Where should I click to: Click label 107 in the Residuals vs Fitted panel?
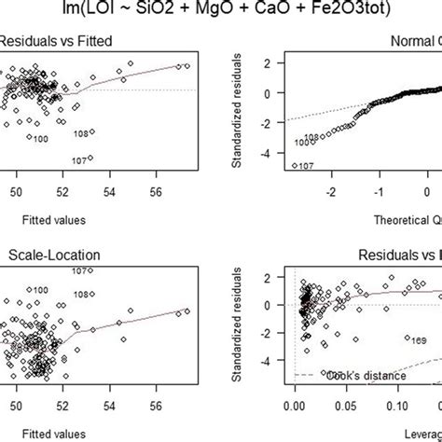pyautogui.click(x=79, y=160)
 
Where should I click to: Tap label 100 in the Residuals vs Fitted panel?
pyautogui.click(x=40, y=139)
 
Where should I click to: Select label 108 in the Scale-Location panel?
pyautogui.click(x=82, y=294)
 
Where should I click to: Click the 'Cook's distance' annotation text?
pyautogui.click(x=365, y=376)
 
